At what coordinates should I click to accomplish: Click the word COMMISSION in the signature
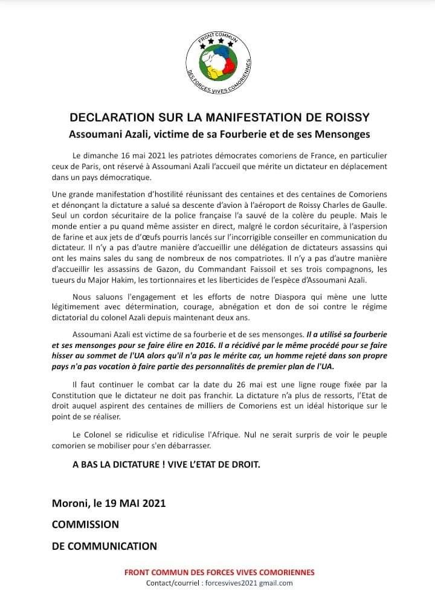pos(85,524)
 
